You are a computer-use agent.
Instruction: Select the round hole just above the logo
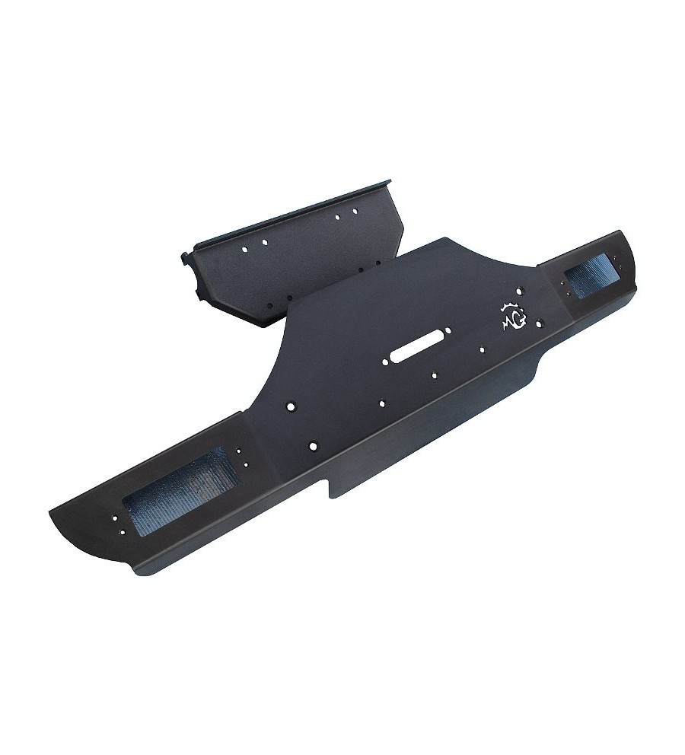click(x=519, y=291)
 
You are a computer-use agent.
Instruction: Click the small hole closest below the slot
click(x=433, y=374)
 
